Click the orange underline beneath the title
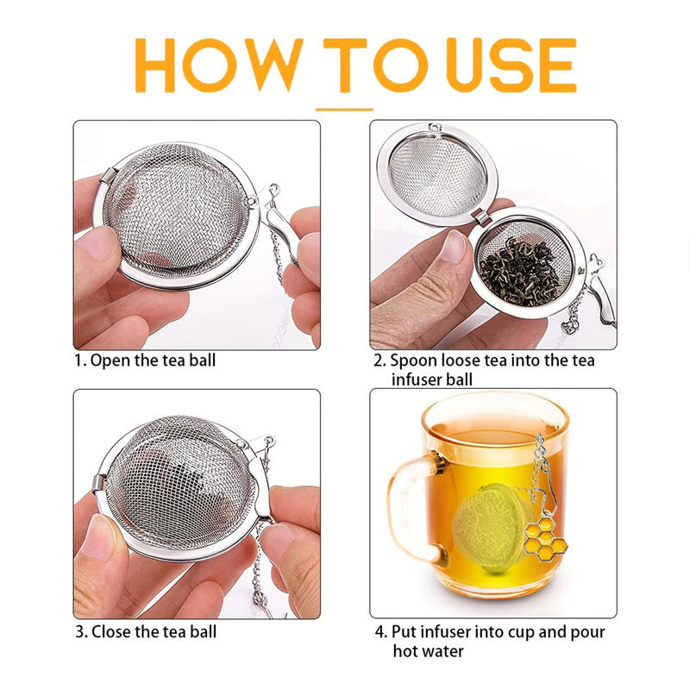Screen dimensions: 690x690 [x=344, y=110]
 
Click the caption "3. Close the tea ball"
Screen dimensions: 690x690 [x=146, y=631]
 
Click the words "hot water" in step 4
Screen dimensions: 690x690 [x=428, y=651]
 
